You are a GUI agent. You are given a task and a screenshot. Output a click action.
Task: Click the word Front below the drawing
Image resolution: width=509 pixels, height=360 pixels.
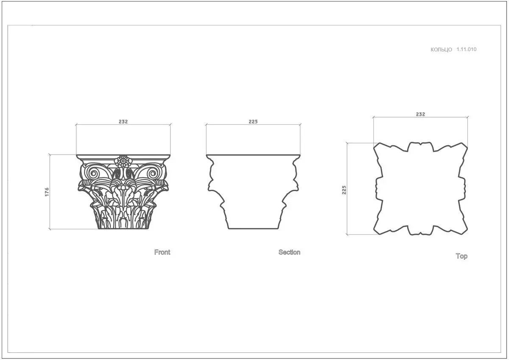tap(162, 252)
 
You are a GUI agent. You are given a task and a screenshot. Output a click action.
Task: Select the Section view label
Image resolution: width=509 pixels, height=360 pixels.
tap(289, 252)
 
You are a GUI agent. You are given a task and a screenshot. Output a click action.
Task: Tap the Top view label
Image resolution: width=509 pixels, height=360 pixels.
tap(461, 256)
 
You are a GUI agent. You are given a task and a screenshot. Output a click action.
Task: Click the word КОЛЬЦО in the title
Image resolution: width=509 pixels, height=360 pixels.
tap(441, 50)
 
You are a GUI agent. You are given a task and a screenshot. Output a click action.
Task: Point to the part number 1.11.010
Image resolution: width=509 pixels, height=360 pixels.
tap(467, 49)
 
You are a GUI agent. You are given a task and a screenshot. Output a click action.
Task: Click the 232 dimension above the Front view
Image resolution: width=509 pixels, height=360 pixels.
tap(123, 122)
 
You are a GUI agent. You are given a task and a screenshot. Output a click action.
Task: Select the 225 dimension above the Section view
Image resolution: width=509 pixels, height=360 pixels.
tap(253, 122)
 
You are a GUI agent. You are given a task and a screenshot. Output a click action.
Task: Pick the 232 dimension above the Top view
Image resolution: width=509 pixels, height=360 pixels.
tap(420, 114)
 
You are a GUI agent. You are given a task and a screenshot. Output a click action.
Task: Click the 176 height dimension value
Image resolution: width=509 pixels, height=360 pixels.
tap(47, 192)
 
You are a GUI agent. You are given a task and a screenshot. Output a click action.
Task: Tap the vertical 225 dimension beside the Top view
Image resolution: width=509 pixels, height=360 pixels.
tap(344, 190)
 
